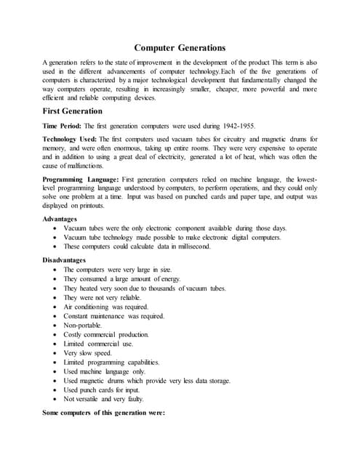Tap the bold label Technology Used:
(70, 138)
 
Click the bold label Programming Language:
(81, 179)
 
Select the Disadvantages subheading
(64, 259)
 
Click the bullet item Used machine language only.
(105, 371)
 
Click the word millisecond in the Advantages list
(191, 246)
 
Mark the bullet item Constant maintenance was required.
(113, 316)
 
